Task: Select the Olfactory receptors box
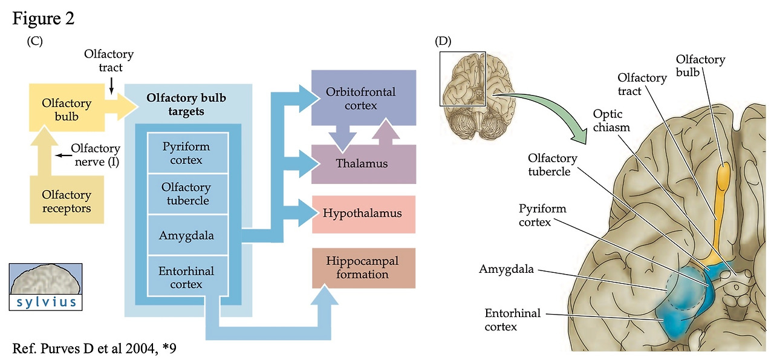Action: point(67,201)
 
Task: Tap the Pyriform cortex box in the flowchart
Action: point(187,154)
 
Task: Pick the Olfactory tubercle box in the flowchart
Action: point(187,194)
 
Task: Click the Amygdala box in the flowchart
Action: point(187,234)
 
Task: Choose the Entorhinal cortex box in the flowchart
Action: point(187,278)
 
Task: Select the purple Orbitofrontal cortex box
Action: point(363,98)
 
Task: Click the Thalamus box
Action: point(363,164)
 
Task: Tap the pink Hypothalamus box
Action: point(363,214)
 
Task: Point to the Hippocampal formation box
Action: point(363,267)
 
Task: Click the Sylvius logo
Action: point(46,286)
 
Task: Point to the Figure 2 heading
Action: point(43,19)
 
